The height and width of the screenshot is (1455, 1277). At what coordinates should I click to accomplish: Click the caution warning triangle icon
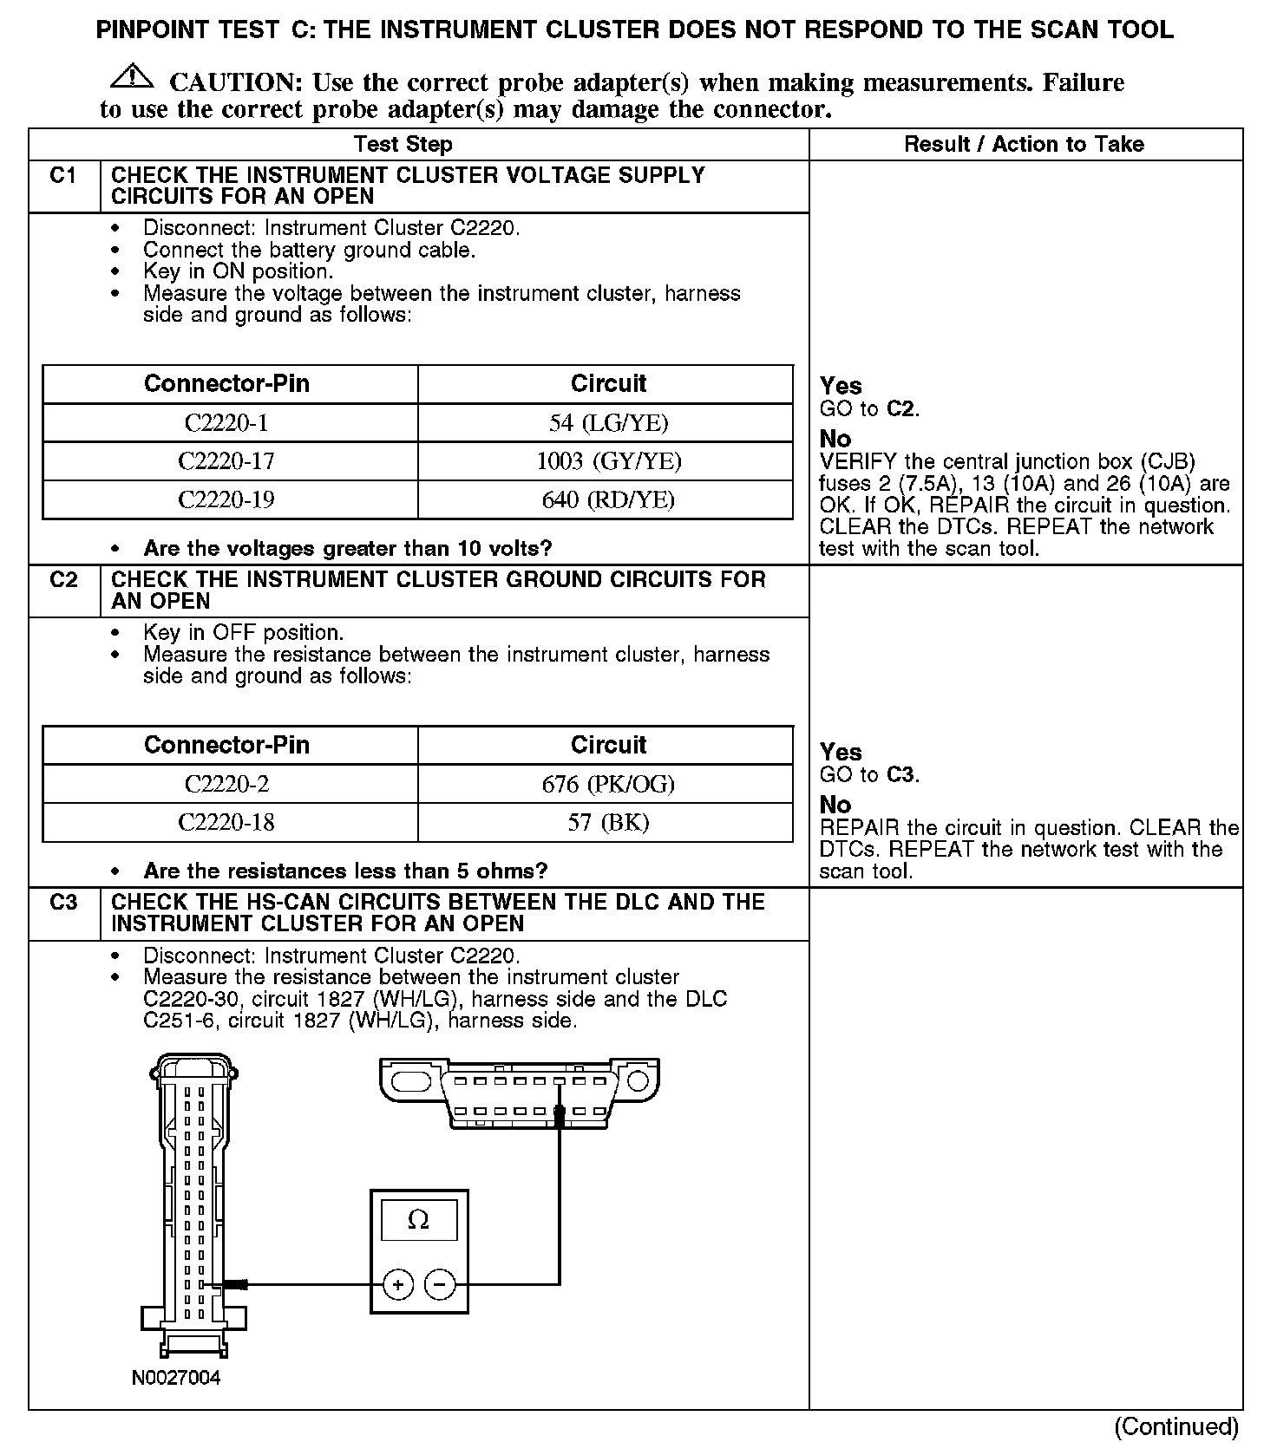[x=131, y=77]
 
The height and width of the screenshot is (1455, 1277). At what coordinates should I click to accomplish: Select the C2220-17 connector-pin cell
[x=226, y=461]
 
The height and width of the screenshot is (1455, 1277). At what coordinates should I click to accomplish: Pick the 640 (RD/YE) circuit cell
[x=608, y=499]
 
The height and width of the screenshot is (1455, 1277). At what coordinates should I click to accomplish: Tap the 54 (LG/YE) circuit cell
[x=608, y=423]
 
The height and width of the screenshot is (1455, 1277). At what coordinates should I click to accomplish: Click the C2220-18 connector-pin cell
[x=226, y=822]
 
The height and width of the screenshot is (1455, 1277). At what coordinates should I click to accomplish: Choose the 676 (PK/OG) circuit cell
[x=608, y=784]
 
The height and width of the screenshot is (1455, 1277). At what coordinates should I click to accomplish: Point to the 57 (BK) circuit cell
[x=608, y=822]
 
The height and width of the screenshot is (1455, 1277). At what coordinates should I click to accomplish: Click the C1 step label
[x=63, y=176]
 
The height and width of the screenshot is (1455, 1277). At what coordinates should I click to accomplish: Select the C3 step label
[x=63, y=903]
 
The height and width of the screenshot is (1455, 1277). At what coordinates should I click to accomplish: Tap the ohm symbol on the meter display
[x=418, y=1221]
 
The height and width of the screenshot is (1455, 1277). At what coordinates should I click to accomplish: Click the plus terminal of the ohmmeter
[x=398, y=1284]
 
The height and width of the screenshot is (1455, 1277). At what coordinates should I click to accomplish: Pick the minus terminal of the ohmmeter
[x=440, y=1284]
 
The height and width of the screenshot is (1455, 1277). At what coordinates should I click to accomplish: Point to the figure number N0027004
[x=176, y=1378]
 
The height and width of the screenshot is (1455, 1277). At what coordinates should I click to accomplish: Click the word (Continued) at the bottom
[x=1175, y=1426]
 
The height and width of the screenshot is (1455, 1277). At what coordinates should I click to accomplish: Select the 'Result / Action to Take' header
[x=1024, y=145]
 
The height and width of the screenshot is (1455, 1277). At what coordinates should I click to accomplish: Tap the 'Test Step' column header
[x=403, y=145]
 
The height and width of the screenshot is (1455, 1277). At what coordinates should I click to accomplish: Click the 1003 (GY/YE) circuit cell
[x=608, y=461]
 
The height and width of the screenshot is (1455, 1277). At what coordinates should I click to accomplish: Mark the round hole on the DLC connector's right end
[x=638, y=1080]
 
